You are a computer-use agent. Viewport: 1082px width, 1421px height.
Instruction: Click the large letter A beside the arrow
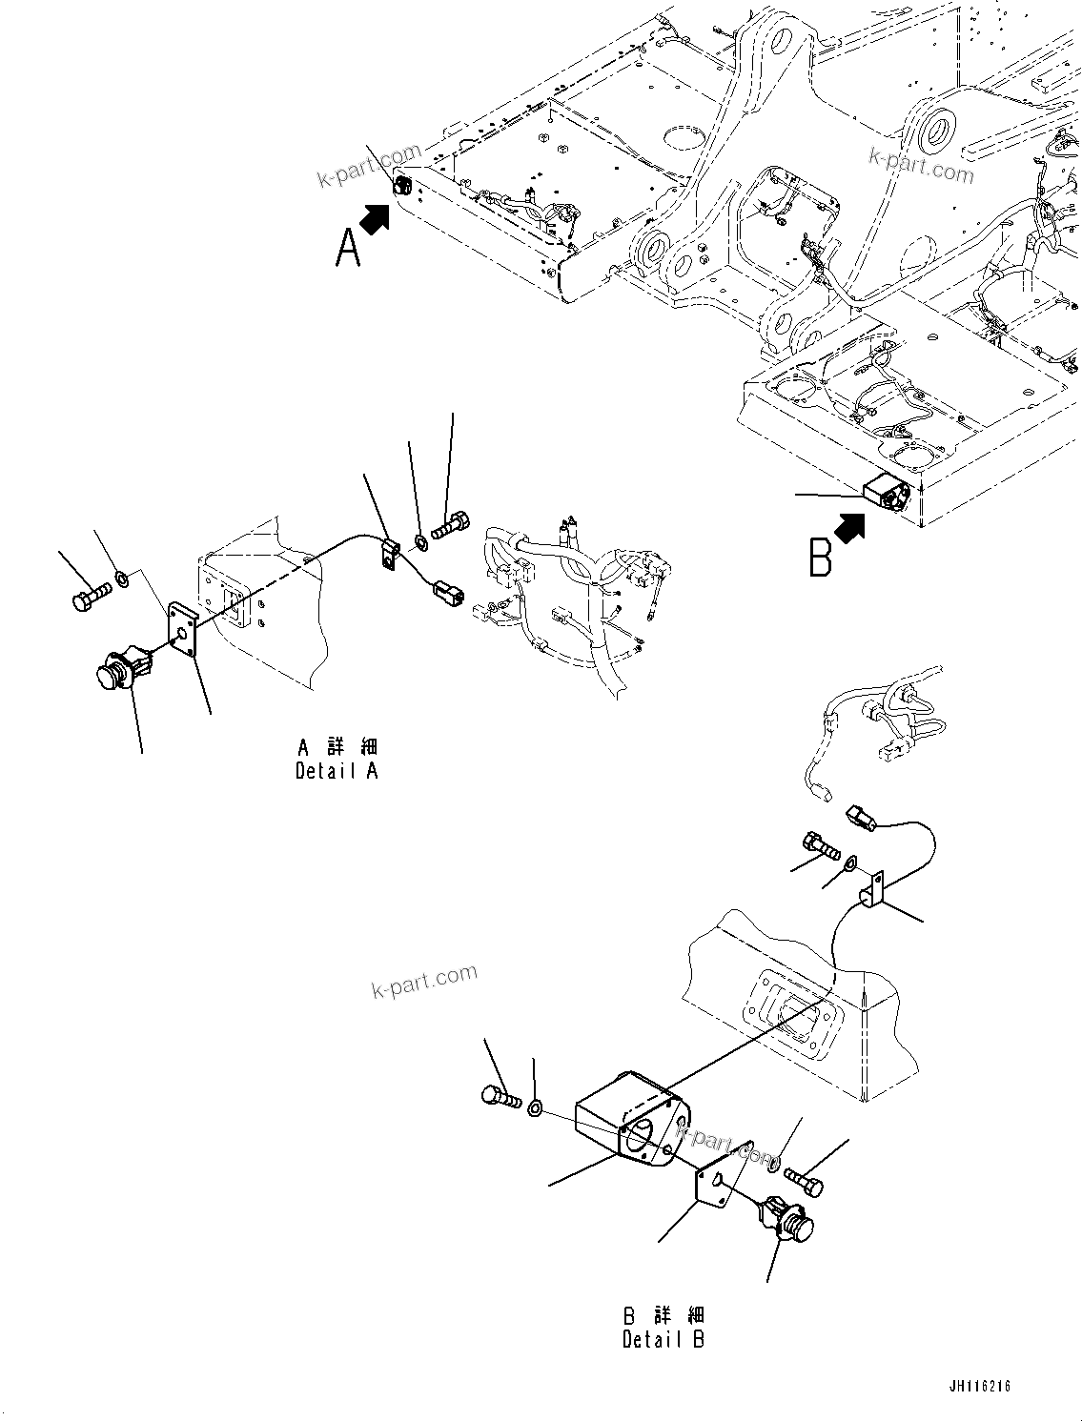(349, 249)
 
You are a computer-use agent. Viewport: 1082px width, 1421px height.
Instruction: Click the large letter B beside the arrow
(819, 558)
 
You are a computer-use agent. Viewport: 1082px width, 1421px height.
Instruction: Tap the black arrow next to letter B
(849, 527)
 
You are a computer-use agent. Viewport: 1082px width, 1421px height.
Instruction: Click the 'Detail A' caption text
(337, 771)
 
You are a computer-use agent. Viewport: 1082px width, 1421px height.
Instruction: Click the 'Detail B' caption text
(663, 1339)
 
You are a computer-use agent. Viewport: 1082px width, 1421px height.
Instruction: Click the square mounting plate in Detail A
(182, 629)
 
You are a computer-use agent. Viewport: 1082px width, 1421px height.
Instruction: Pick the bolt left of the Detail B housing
(501, 1097)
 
